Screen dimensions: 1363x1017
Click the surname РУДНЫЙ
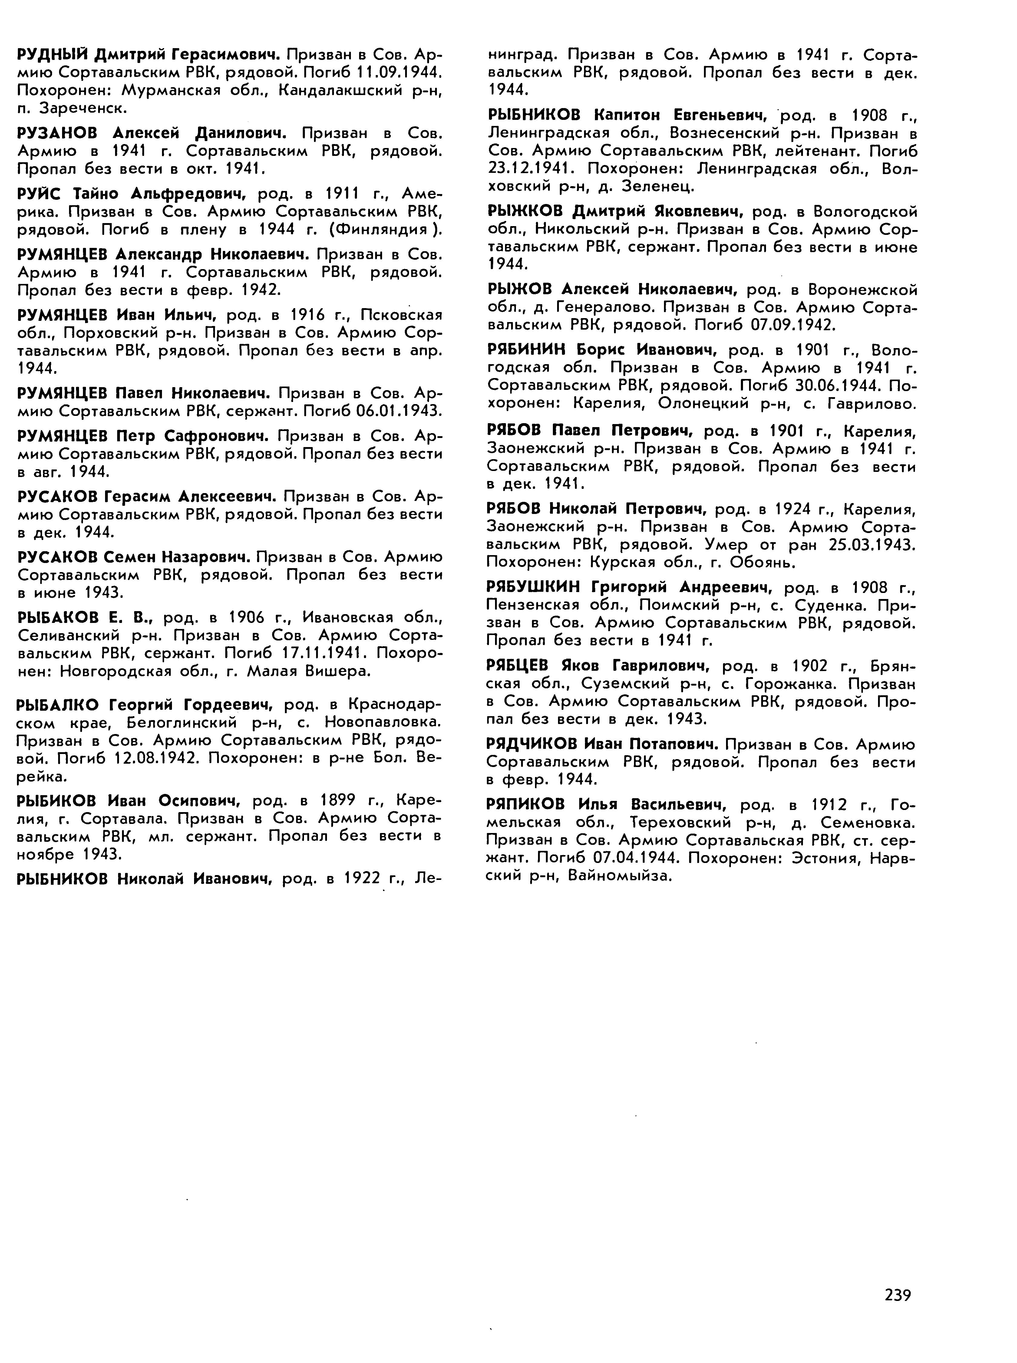click(x=52, y=55)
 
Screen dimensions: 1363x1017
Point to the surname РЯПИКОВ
click(x=528, y=805)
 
